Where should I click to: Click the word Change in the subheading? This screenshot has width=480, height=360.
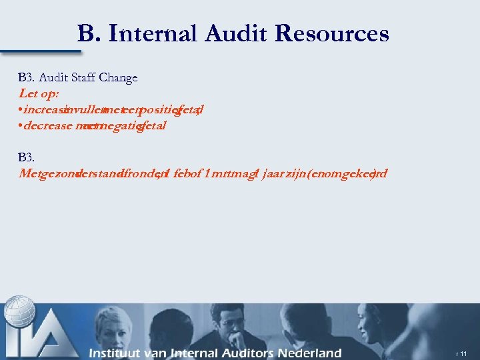tap(118, 77)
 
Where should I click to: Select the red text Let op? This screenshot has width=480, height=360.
tap(39, 93)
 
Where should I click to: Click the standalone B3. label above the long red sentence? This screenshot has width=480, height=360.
tap(27, 157)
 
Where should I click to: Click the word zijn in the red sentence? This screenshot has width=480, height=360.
tap(298, 173)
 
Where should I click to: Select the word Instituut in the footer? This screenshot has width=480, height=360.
tap(120, 353)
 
